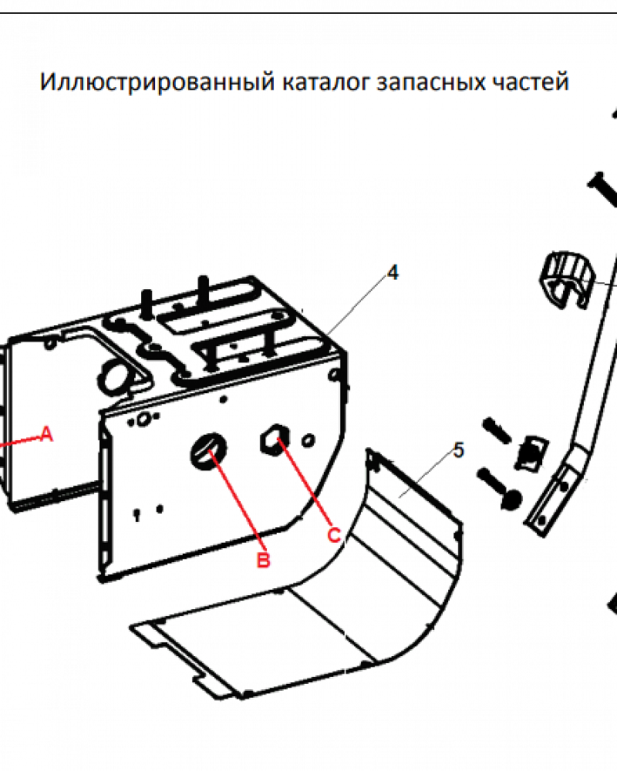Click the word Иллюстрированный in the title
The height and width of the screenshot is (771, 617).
coord(157,82)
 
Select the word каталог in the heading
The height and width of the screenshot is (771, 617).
coord(325,82)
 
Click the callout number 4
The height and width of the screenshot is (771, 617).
coord(393,272)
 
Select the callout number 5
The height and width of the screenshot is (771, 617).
coord(459,450)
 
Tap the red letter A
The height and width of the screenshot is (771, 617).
coord(46,433)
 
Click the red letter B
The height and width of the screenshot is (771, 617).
coord(264,560)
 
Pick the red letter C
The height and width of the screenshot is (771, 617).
coord(334,535)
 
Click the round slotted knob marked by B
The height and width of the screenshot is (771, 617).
coord(208,451)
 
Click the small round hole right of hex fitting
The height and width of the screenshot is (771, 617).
coord(308,439)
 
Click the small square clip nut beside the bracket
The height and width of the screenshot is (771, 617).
coord(531,453)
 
